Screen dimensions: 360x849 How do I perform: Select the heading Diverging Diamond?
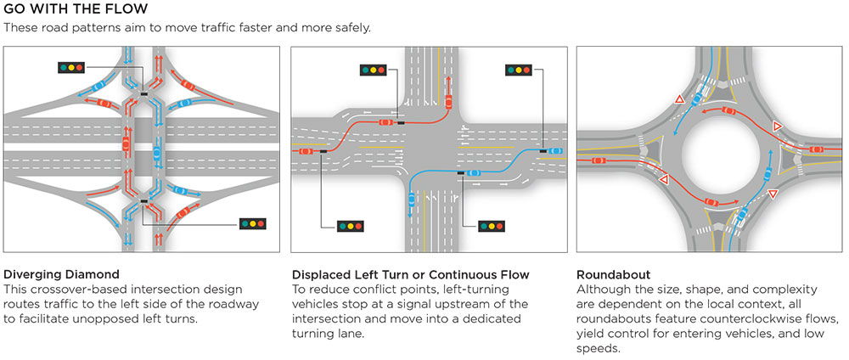click(61, 275)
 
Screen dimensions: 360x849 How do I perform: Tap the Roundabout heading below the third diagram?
click(614, 275)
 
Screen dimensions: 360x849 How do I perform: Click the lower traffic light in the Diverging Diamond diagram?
click(253, 224)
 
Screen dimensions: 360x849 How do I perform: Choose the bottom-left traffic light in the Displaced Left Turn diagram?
click(350, 227)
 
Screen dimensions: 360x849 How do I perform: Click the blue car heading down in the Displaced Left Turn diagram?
click(412, 201)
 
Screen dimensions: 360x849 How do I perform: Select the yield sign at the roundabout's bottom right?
click(773, 195)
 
